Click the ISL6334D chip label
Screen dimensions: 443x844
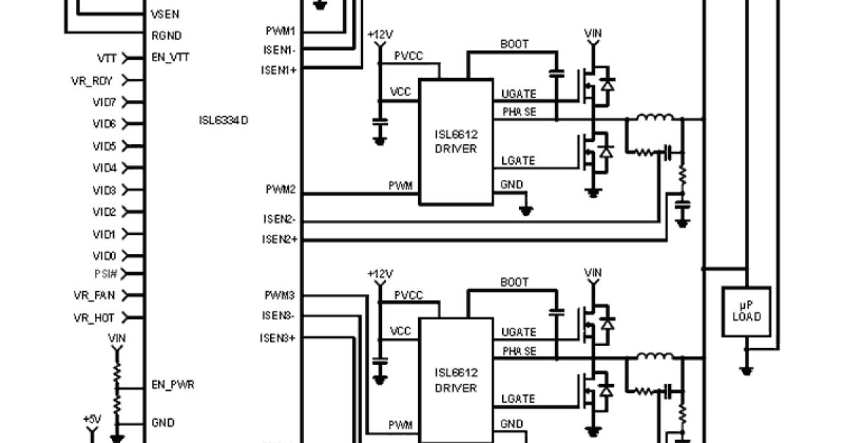(x=224, y=120)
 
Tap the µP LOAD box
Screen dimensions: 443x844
(x=746, y=312)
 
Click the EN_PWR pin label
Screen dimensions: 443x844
(x=173, y=385)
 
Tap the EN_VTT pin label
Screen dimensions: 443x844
(x=170, y=58)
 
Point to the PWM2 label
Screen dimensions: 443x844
(x=280, y=191)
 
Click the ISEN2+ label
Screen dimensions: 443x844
(x=279, y=240)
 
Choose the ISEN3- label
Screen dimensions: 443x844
(x=279, y=316)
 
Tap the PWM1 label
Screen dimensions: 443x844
(x=280, y=32)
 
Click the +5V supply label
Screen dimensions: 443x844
(x=92, y=419)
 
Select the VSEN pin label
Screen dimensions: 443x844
(x=164, y=14)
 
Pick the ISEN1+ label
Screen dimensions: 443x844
(x=279, y=70)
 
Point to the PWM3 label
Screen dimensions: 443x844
(x=280, y=295)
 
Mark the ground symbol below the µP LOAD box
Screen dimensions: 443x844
(x=746, y=369)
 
